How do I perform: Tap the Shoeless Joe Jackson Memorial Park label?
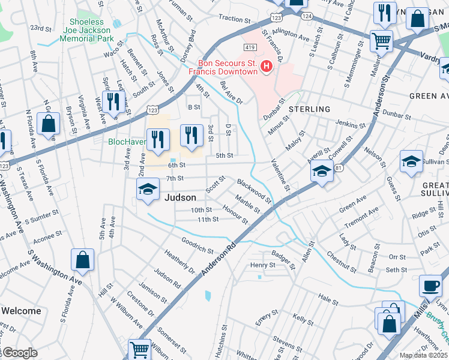(x=87, y=30)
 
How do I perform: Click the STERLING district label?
(x=309, y=109)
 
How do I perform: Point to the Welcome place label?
(x=21, y=311)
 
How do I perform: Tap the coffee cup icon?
(x=430, y=286)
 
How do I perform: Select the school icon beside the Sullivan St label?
(x=411, y=161)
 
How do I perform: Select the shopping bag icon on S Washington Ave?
(x=83, y=260)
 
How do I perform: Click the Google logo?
(x=19, y=353)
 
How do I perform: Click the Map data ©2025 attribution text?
(x=423, y=355)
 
